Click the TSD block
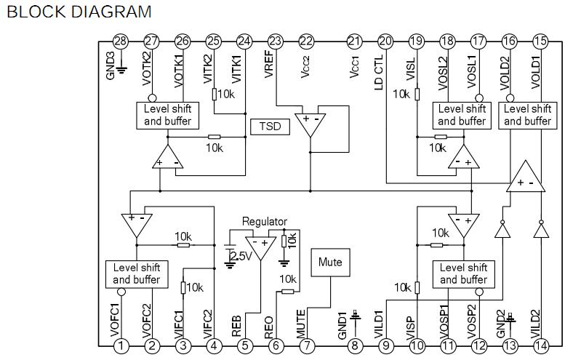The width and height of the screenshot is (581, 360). [x=270, y=127]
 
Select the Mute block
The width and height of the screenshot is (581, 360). [x=330, y=263]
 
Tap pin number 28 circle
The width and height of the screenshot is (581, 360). [x=121, y=41]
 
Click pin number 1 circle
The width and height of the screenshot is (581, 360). [x=121, y=346]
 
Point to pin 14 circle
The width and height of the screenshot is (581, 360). [x=540, y=346]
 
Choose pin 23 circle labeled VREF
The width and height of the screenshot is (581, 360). [x=275, y=41]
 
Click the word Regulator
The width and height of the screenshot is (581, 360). [x=264, y=222]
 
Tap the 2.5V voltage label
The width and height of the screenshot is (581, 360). [x=241, y=256]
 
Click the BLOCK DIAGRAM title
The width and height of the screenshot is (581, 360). [x=79, y=12]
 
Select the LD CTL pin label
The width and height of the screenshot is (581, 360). [x=378, y=73]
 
